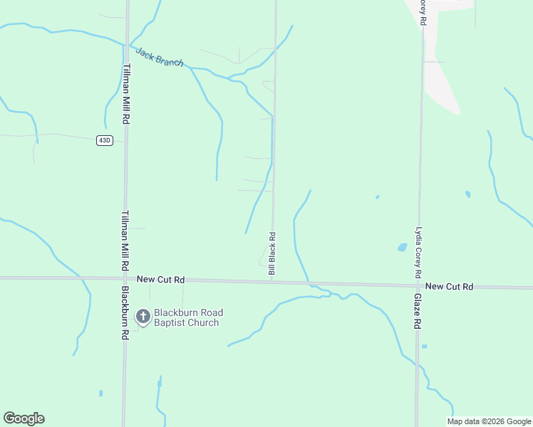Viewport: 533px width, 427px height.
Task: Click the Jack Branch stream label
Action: [x=160, y=58]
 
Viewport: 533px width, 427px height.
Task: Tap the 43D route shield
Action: [x=105, y=140]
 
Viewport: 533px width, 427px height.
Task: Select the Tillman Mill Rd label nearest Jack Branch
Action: [x=125, y=94]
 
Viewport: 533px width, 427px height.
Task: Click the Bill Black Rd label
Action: [x=271, y=253]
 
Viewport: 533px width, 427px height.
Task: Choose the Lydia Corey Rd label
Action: [x=418, y=253]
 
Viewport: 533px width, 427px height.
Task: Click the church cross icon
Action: [x=143, y=317]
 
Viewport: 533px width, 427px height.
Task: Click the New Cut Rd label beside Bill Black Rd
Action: [x=161, y=280]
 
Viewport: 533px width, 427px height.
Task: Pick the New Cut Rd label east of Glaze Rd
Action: [x=449, y=286]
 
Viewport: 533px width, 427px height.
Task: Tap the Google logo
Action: [x=24, y=418]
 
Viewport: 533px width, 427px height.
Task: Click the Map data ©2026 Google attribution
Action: [x=490, y=421]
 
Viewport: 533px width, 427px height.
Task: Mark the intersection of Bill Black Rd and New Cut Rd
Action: [x=272, y=280]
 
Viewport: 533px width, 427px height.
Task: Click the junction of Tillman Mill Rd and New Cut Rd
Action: [x=125, y=278]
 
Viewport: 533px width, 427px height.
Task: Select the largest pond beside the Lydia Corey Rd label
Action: [x=402, y=248]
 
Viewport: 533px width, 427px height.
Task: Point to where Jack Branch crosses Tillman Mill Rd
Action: [x=126, y=45]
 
